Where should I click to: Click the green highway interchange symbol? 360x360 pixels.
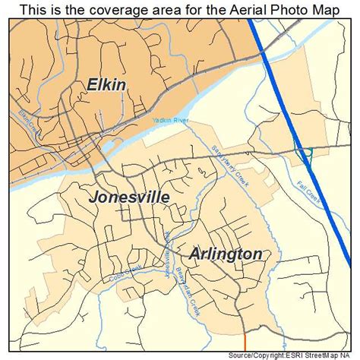[305, 154]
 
